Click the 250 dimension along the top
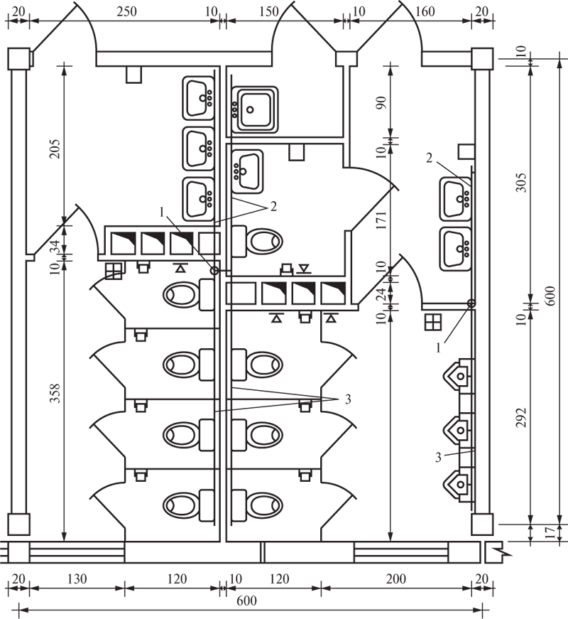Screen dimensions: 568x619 click(x=126, y=11)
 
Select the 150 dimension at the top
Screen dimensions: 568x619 click(x=269, y=11)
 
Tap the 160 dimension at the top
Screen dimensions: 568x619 click(x=425, y=11)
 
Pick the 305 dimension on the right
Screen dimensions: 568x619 click(x=521, y=182)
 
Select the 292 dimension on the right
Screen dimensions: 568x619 click(x=521, y=417)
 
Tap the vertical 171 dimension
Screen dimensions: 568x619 click(x=381, y=220)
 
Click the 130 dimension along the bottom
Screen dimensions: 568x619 click(x=77, y=579)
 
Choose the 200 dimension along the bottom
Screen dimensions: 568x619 click(x=395, y=579)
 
